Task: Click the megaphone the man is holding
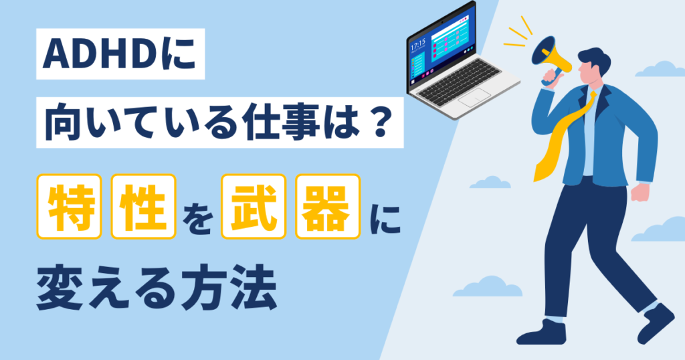click(x=553, y=56)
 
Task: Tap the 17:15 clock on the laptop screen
click(x=418, y=48)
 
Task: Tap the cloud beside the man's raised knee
click(x=489, y=183)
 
